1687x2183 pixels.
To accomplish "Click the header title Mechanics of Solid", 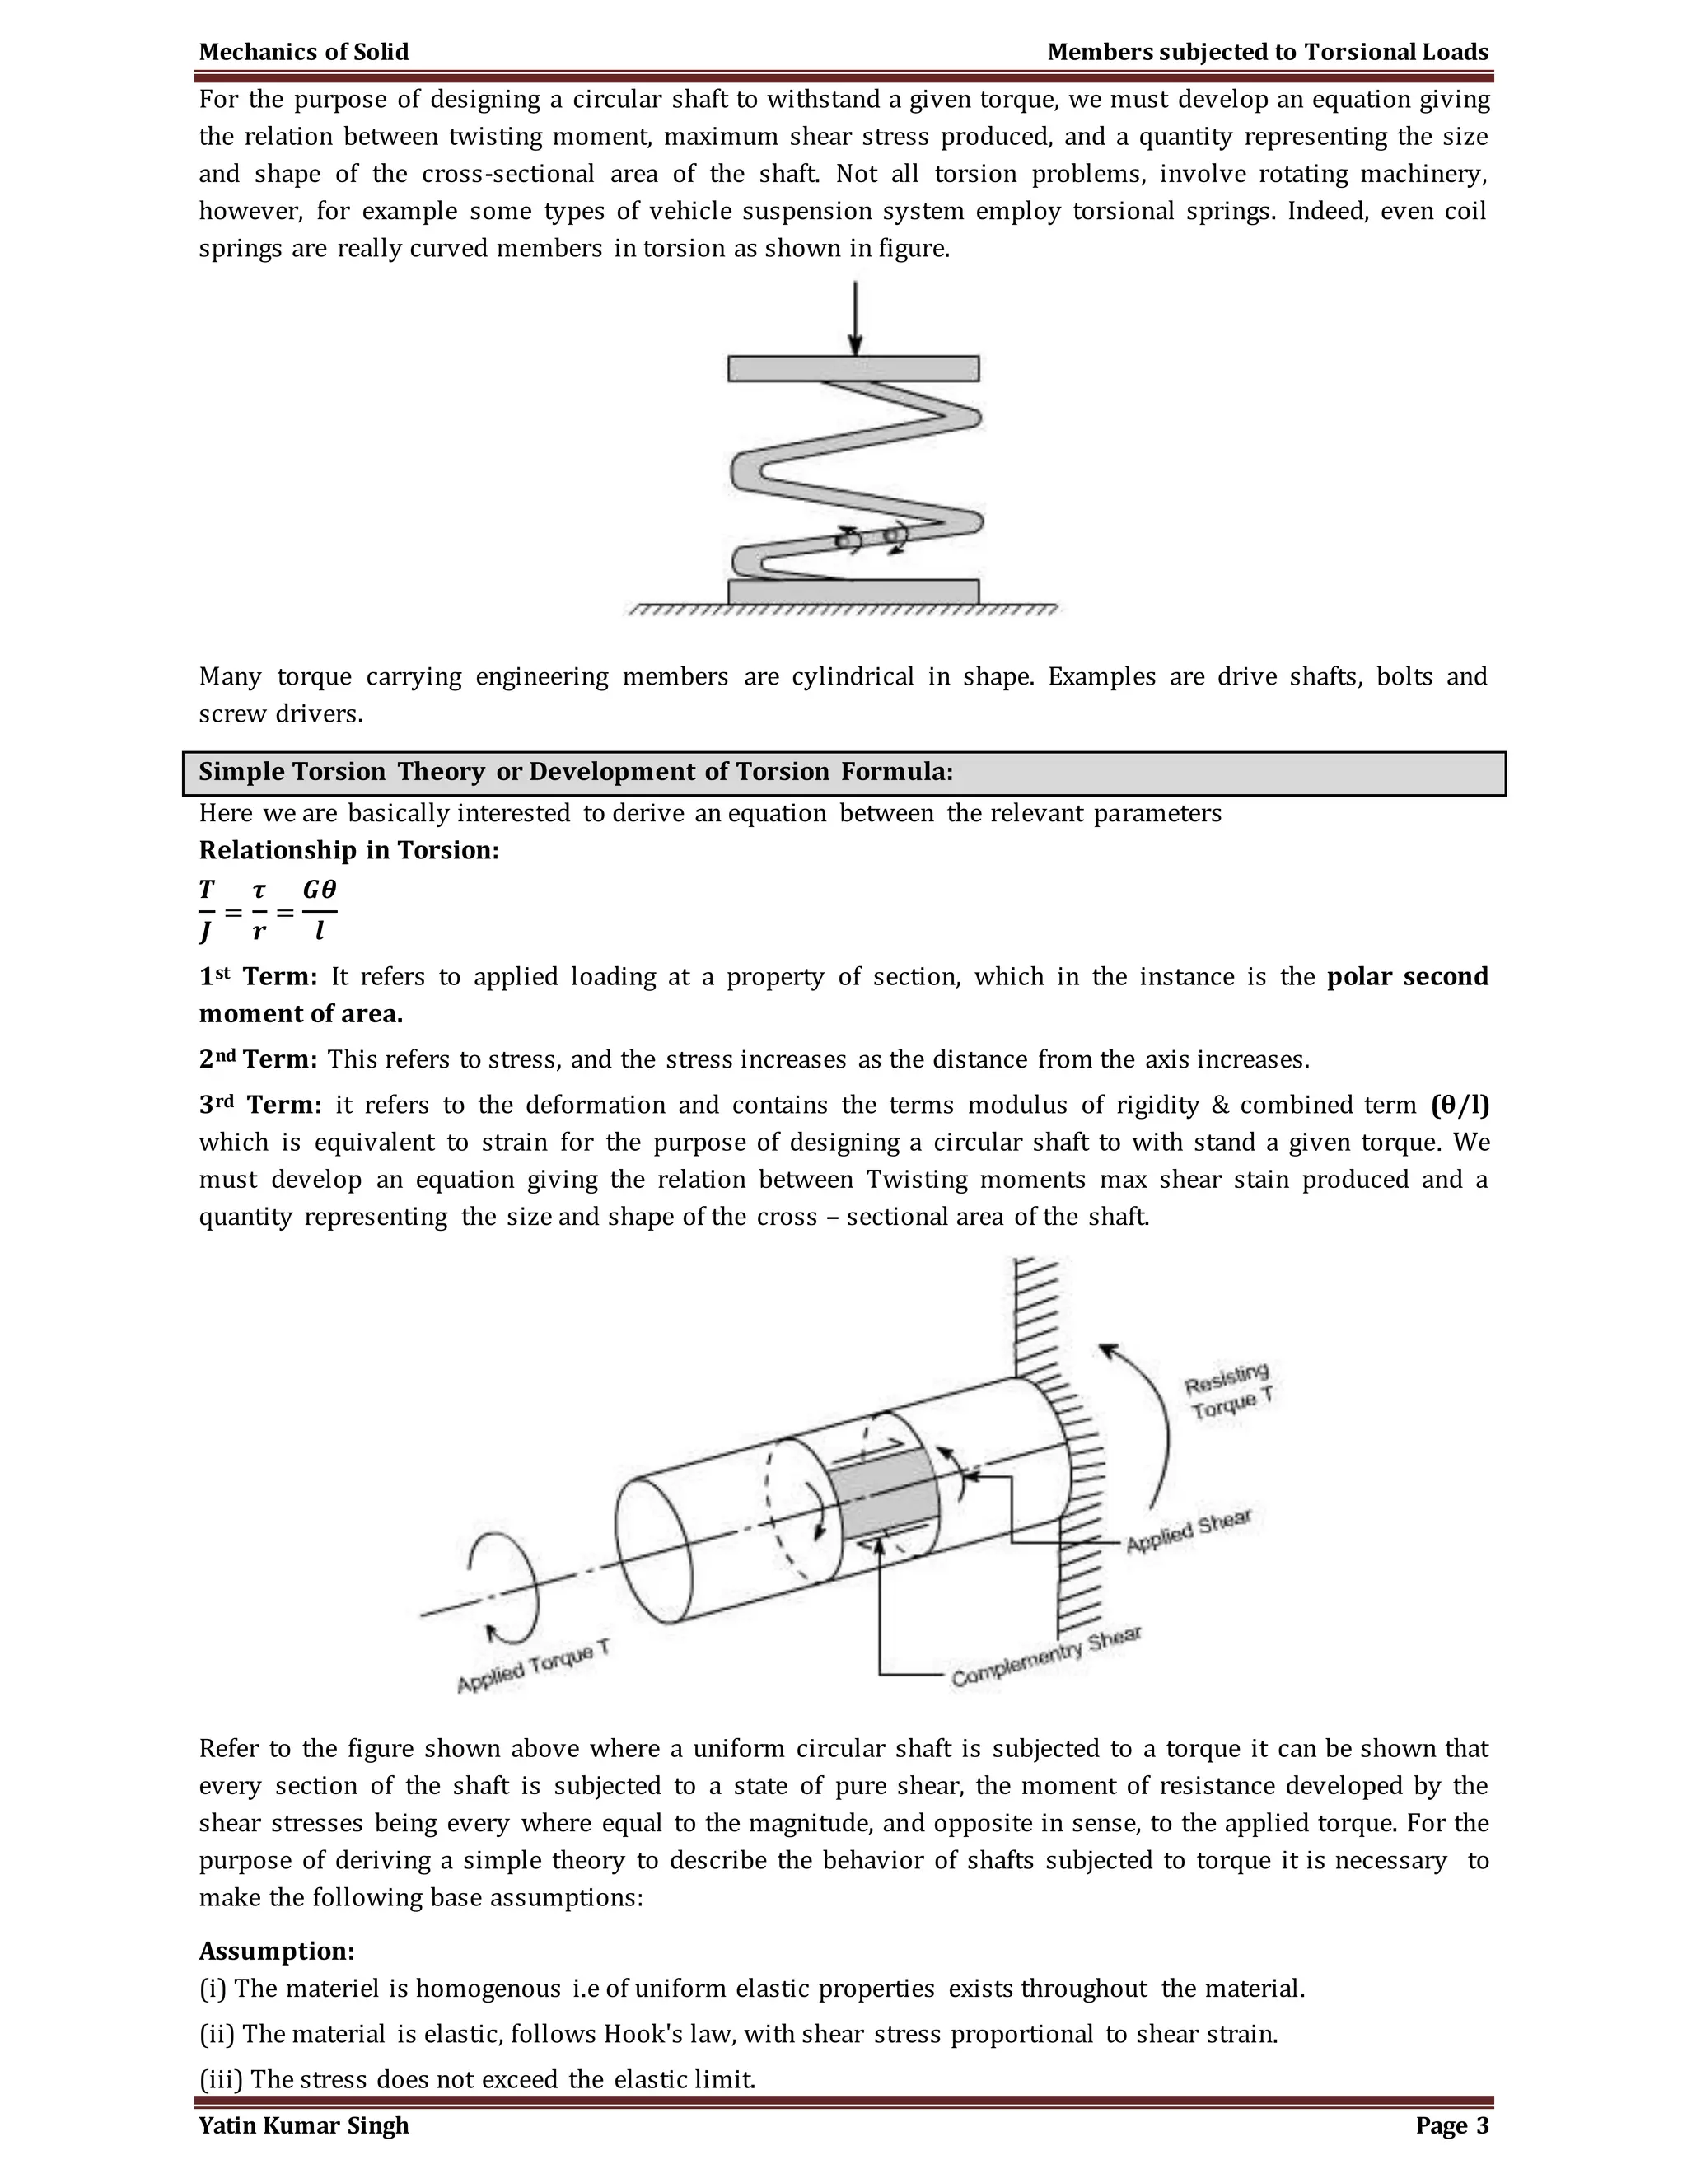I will pyautogui.click(x=304, y=52).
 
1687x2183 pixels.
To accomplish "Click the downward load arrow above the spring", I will pyautogui.click(x=854, y=318).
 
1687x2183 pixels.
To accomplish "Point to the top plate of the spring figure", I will pyautogui.click(x=853, y=369).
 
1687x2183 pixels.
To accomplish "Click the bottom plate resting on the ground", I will pyautogui.click(x=853, y=591).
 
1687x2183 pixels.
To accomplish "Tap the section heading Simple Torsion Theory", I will pyautogui.click(x=575, y=772).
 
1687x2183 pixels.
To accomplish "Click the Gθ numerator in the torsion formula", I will pyautogui.click(x=320, y=890).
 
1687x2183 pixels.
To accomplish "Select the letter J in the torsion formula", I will pyautogui.click(x=206, y=932).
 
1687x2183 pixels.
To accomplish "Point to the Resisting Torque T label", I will pyautogui.click(x=1228, y=1391).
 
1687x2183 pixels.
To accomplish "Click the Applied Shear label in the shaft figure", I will pyautogui.click(x=1189, y=1531).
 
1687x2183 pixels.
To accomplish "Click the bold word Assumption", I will pyautogui.click(x=277, y=1950).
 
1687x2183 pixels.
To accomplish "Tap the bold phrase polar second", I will pyautogui.click(x=1407, y=976).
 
